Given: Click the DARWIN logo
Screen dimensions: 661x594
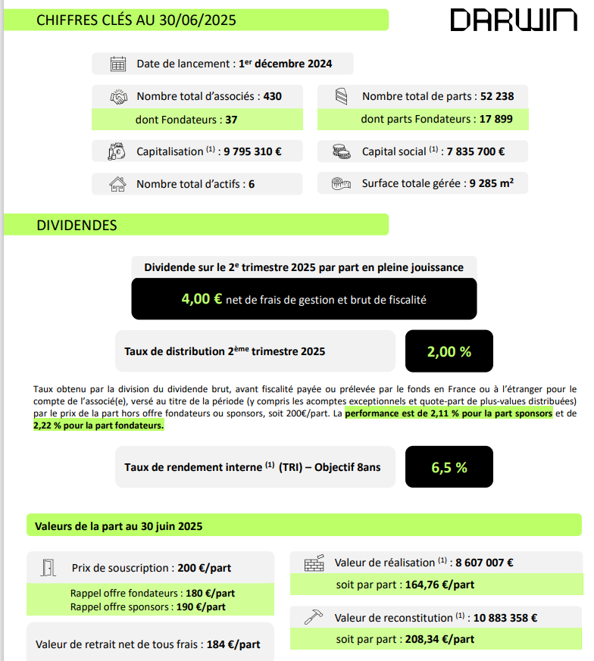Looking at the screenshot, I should click(513, 20).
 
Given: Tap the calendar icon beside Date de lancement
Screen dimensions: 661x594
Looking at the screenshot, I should click(117, 64).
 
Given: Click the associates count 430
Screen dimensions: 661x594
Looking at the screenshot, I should click(272, 97).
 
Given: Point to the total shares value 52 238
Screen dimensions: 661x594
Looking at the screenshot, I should click(497, 97).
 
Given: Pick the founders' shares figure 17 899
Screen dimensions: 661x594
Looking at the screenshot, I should click(498, 119).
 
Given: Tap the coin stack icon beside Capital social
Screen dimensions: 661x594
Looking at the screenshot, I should click(342, 151).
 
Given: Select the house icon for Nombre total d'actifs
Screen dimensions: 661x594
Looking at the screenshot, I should click(117, 184).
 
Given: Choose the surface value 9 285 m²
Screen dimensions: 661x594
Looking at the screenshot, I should click(486, 183).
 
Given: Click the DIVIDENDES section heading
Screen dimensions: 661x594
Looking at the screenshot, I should click(77, 225).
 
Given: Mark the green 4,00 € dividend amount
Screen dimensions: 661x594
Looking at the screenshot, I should click(202, 299).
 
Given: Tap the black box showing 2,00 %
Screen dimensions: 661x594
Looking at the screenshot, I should click(449, 351).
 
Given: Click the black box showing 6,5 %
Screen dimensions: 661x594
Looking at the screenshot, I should click(449, 467).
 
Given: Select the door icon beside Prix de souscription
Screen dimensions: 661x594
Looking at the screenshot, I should click(48, 568).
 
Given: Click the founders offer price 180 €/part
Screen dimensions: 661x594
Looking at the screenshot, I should click(209, 593).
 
